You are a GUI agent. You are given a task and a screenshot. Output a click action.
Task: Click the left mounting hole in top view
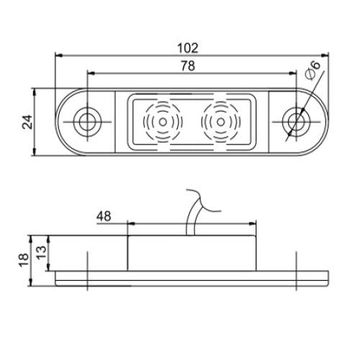tap(88, 120)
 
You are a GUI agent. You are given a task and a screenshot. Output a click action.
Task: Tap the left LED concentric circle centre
tap(163, 120)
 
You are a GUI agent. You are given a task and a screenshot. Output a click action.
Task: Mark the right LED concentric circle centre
tap(218, 120)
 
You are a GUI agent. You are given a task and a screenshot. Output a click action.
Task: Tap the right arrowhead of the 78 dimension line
tap(294, 73)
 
